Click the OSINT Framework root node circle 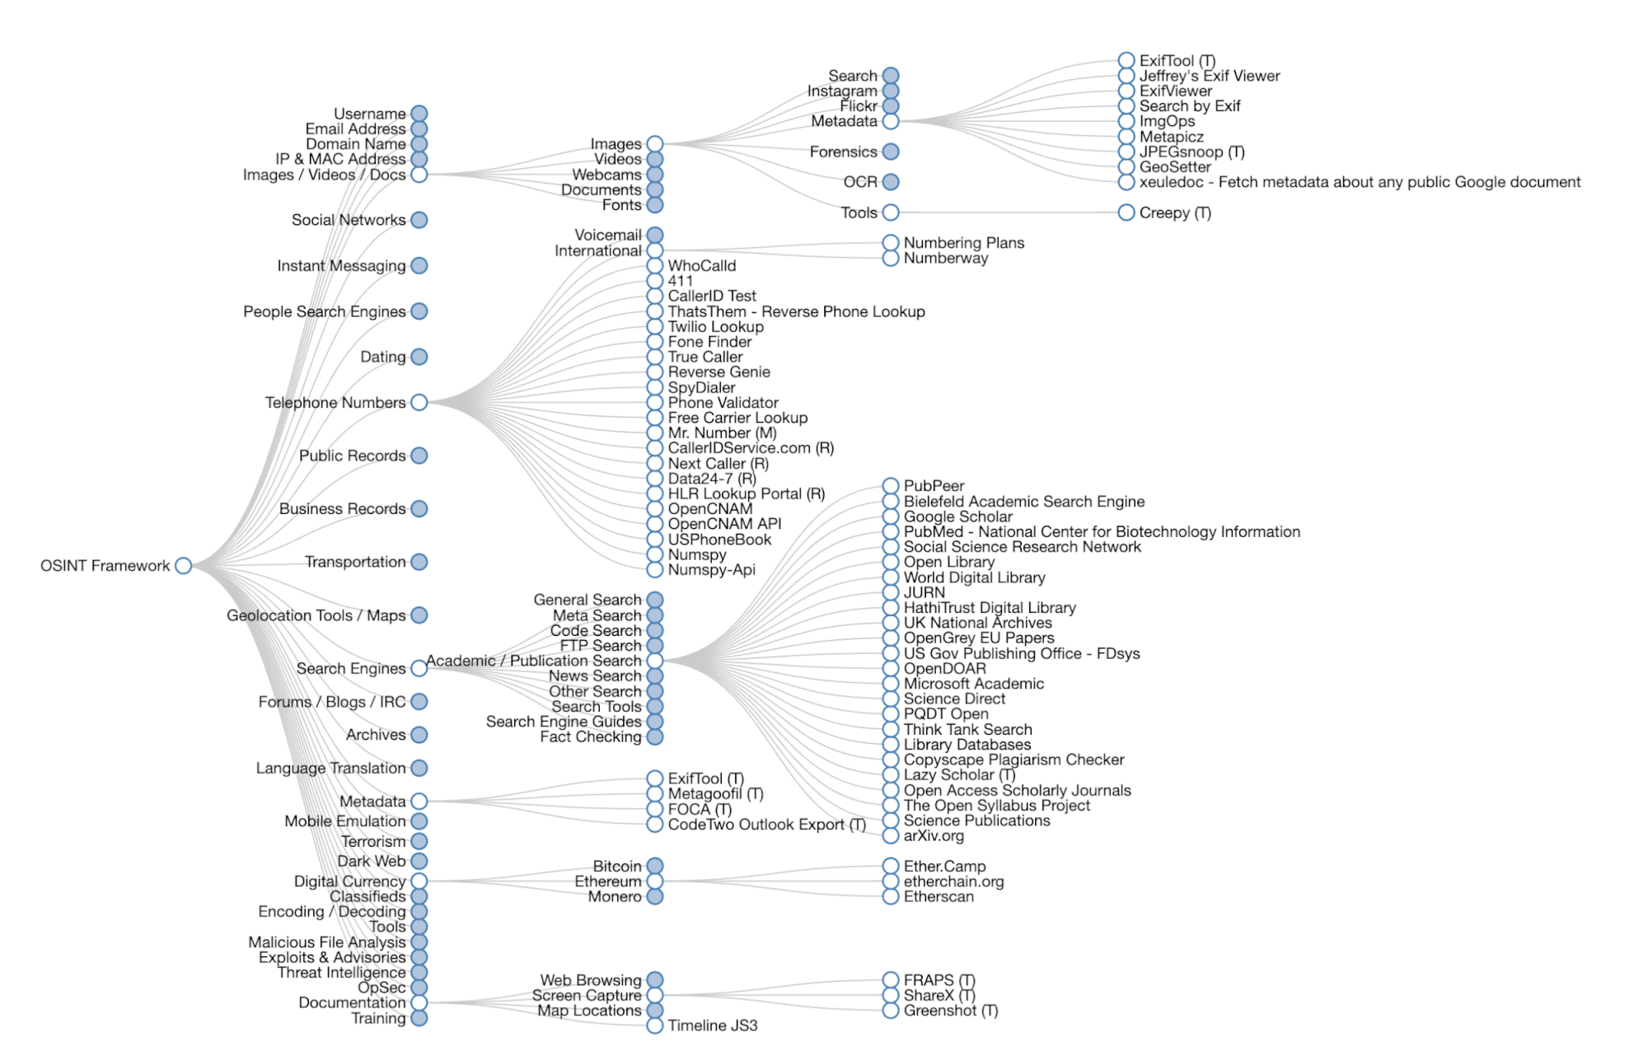(x=184, y=566)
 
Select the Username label (x=369, y=114)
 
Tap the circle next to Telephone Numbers (x=419, y=403)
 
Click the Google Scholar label (x=957, y=516)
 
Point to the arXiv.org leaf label (x=934, y=836)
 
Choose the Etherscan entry (x=939, y=896)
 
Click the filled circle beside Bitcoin (x=655, y=866)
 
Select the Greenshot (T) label (x=950, y=1011)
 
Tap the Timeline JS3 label (x=712, y=1026)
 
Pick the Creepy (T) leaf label (x=1175, y=213)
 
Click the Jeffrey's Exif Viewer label (x=1209, y=76)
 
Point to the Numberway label (x=945, y=258)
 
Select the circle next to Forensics (x=891, y=152)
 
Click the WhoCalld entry (x=701, y=265)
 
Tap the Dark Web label (x=371, y=861)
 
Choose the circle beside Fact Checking (x=655, y=736)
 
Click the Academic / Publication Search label (x=533, y=661)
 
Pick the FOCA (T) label (x=700, y=809)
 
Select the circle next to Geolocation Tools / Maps (x=419, y=615)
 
